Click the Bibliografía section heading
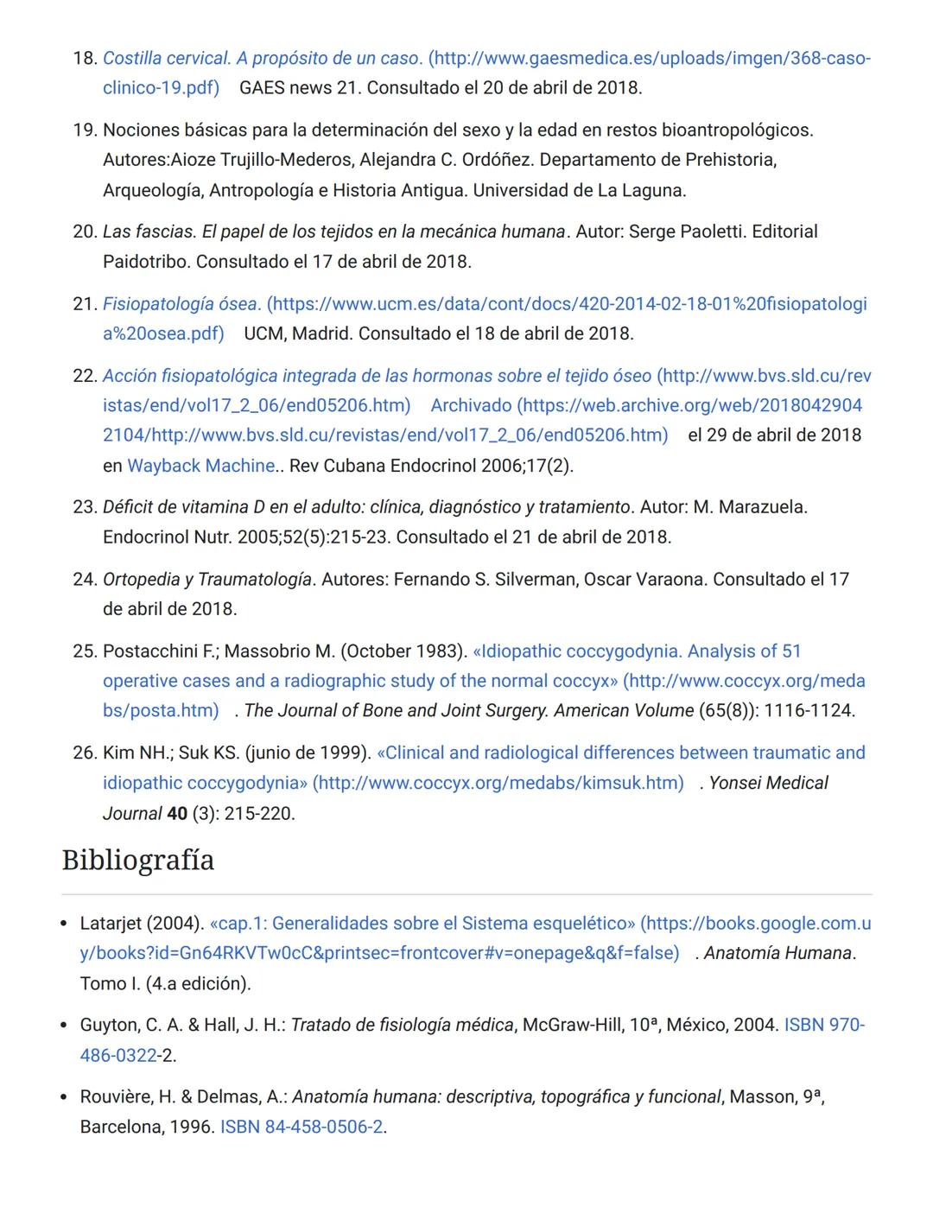pyautogui.click(x=138, y=861)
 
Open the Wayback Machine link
pyautogui.click(x=200, y=466)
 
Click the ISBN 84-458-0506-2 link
pyautogui.click(x=301, y=1127)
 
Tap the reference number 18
pyautogui.click(x=84, y=59)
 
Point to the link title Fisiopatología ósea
pyautogui.click(x=181, y=304)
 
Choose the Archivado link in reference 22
pyautogui.click(x=471, y=405)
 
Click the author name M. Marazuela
pyautogui.click(x=750, y=507)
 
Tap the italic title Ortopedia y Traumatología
pyautogui.click(x=207, y=579)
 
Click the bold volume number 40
pyautogui.click(x=176, y=814)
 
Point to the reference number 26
pyautogui.click(x=84, y=753)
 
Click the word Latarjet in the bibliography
pyautogui.click(x=111, y=924)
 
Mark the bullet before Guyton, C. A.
pyautogui.click(x=64, y=1026)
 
